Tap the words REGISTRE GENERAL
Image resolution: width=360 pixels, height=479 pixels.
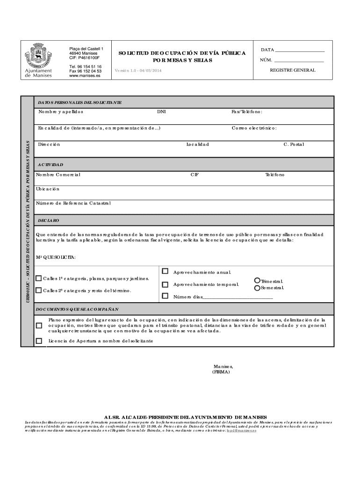[x=293, y=70]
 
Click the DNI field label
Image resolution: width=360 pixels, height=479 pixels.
[x=161, y=112]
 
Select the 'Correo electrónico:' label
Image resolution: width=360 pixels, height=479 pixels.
[x=254, y=128]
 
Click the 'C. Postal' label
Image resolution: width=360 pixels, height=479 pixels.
[x=294, y=145]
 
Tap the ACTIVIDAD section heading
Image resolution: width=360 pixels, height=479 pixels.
[x=50, y=165]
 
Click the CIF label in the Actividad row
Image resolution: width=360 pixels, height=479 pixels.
[x=194, y=174]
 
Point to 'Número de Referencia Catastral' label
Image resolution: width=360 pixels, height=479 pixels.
[x=73, y=203]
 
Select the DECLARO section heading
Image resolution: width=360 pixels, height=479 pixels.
[x=48, y=220]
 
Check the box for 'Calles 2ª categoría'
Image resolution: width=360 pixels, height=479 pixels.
[x=38, y=290]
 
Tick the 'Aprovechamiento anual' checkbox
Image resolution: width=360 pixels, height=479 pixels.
[x=165, y=271]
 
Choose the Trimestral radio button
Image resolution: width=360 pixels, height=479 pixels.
[x=257, y=281]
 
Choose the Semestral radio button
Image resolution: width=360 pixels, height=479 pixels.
[x=257, y=288]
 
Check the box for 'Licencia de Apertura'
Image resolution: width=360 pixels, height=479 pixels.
[x=39, y=341]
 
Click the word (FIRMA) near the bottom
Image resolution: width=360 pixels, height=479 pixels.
[x=221, y=372]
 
